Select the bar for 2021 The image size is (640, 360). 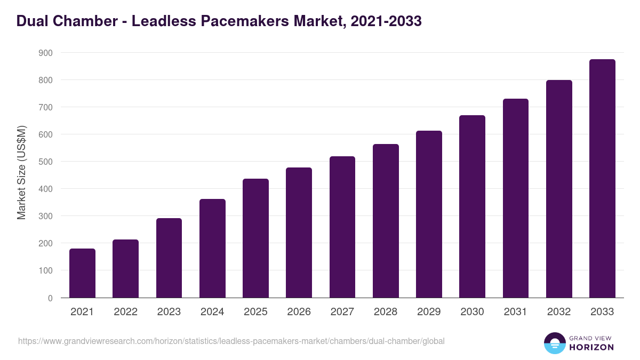[x=82, y=273]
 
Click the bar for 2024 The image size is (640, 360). [x=212, y=248]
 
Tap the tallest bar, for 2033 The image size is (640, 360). [x=602, y=179]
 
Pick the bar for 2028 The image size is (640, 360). [x=386, y=221]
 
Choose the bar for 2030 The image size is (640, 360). [x=472, y=206]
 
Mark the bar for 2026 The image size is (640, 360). [x=299, y=233]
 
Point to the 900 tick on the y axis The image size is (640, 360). [x=45, y=53]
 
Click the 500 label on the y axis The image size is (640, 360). [x=45, y=162]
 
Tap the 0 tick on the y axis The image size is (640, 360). [x=50, y=298]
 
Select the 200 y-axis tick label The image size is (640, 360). [x=45, y=243]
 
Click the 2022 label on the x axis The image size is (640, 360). [x=125, y=312]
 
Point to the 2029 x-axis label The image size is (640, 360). [x=429, y=312]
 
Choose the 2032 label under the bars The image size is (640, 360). [x=559, y=312]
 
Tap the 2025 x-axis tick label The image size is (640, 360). [x=255, y=312]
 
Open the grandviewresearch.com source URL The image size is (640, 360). [x=231, y=341]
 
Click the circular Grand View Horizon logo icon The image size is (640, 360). [x=555, y=343]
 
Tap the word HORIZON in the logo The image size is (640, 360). [x=591, y=347]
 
